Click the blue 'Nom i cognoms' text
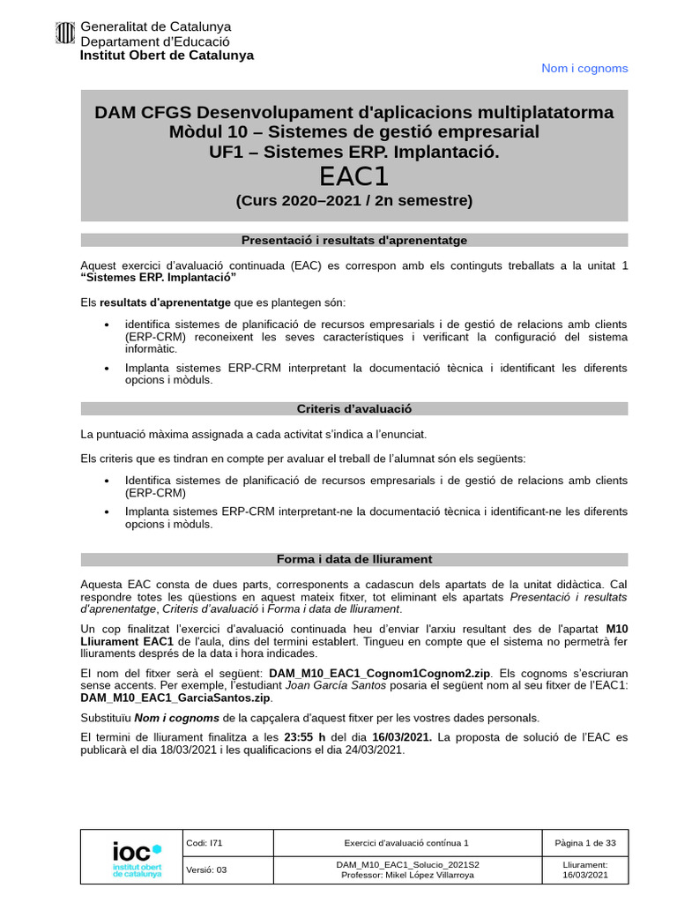584,68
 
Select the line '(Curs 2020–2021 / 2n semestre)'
353,201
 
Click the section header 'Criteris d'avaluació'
353,409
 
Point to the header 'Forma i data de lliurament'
353,559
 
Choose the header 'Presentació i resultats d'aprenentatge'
353,240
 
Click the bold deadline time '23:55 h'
305,736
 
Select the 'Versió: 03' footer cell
207,869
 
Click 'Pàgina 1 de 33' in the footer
585,843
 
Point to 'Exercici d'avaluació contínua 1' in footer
406,843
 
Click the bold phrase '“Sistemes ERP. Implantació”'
159,278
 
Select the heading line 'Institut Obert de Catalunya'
167,55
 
